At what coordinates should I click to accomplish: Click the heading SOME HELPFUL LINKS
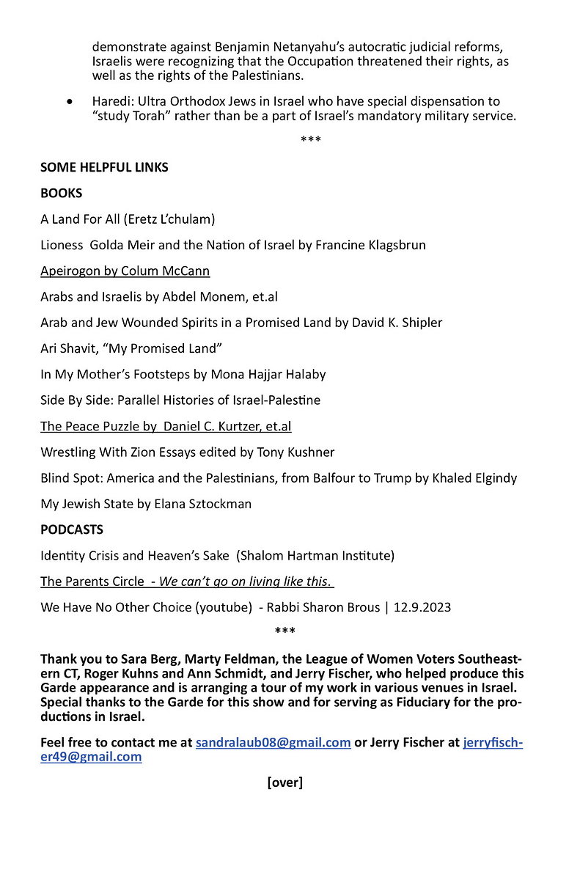tap(104, 167)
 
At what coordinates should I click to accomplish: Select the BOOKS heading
tap(62, 194)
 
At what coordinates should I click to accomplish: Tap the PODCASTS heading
tap(72, 529)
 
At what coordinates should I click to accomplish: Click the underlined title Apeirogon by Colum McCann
tap(125, 271)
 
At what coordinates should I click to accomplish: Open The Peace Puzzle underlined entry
tap(166, 426)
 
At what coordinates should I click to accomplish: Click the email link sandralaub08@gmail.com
tap(273, 742)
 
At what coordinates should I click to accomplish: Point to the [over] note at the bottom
tap(284, 782)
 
